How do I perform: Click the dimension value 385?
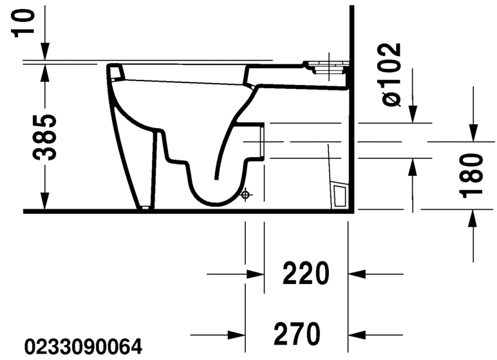click(x=44, y=138)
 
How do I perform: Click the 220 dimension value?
click(x=306, y=275)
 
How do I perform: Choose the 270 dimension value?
click(x=297, y=334)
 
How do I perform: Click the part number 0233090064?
click(x=82, y=348)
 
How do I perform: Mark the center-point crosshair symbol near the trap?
click(x=245, y=194)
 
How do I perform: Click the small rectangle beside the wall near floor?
click(x=339, y=194)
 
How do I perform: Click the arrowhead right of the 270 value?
click(x=356, y=334)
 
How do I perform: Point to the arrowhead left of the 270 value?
click(x=237, y=334)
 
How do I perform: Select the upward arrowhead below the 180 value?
click(x=473, y=218)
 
